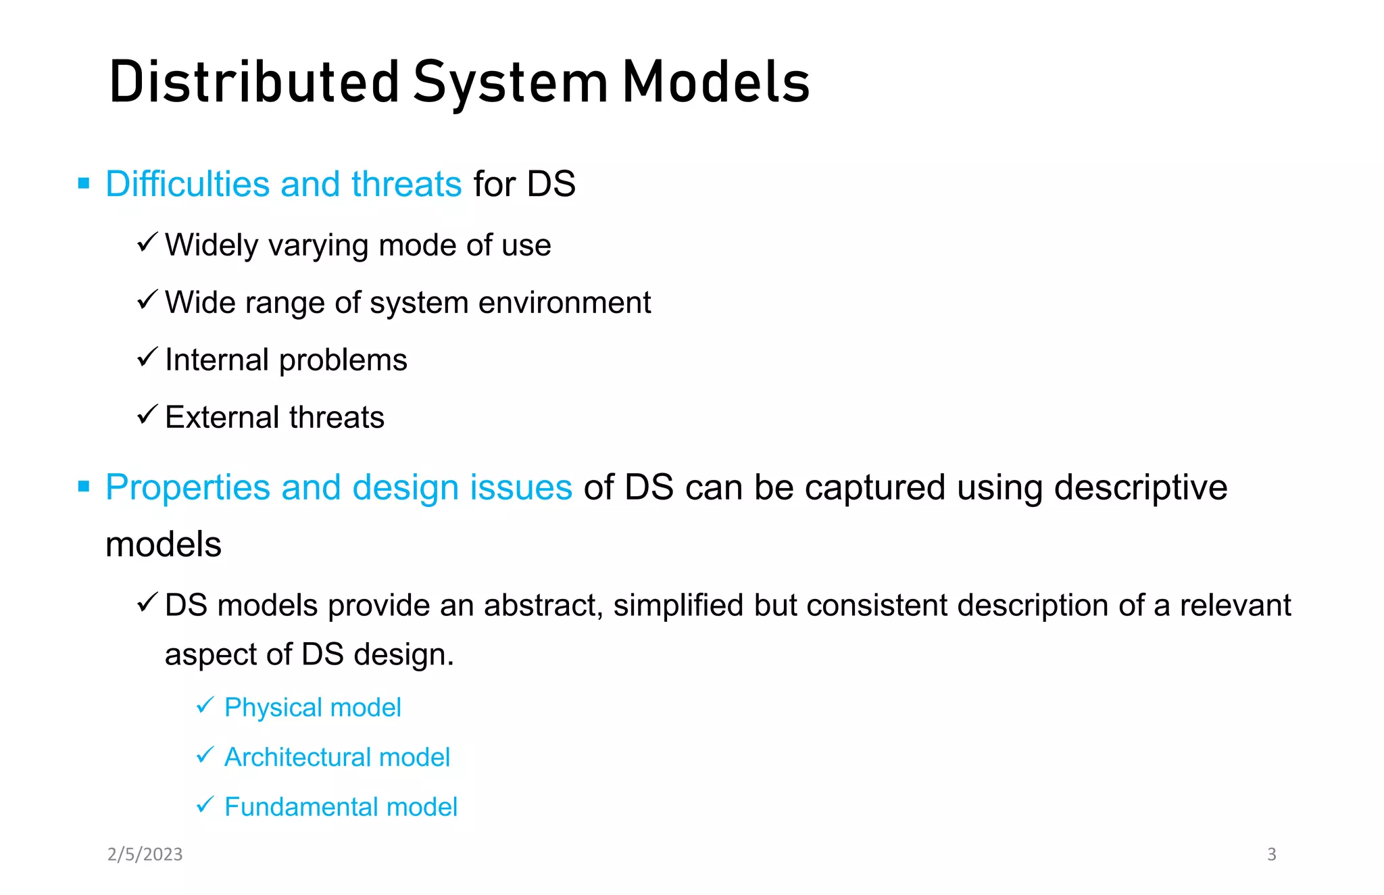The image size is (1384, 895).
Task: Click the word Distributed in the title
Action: [255, 82]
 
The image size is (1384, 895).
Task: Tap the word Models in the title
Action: [716, 82]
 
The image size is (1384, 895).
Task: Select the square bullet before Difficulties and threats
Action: [84, 183]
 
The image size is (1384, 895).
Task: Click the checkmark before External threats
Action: [147, 414]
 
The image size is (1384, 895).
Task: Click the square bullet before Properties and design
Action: [84, 487]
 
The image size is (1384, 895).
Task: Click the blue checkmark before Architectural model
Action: [205, 754]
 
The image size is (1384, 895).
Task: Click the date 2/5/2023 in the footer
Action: [145, 854]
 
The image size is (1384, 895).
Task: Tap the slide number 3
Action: [1271, 854]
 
